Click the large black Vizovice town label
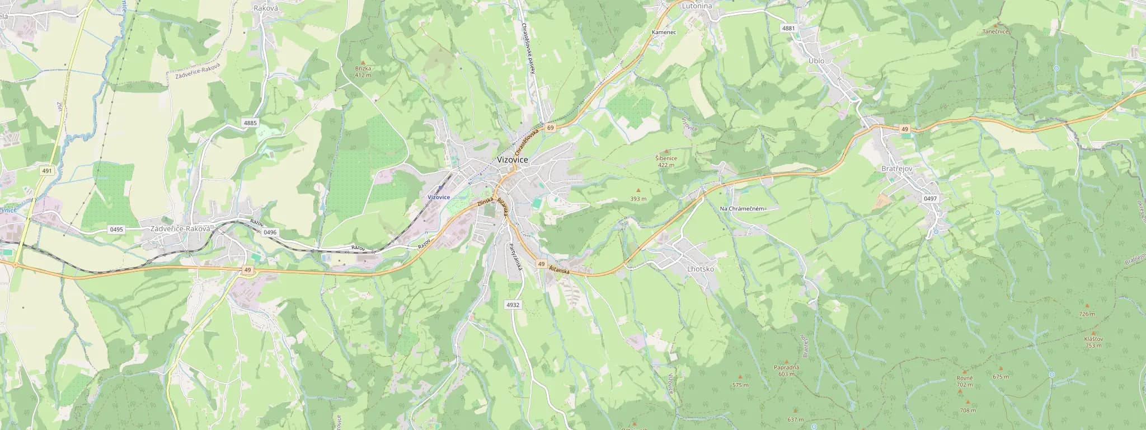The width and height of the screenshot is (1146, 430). (513, 160)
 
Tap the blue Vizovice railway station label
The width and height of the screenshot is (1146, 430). (439, 197)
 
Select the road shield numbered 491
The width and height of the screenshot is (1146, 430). (47, 171)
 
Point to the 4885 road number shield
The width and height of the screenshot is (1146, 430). (250, 123)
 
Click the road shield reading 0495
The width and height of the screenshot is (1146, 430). (116, 230)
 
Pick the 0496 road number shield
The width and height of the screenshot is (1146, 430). (270, 232)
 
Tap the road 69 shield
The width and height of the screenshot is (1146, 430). (551, 128)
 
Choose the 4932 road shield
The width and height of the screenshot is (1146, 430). (513, 305)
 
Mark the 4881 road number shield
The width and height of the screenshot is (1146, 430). (788, 28)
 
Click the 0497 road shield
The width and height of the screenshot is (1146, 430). (930, 199)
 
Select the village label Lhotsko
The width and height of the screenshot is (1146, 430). (700, 269)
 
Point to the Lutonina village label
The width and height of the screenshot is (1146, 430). (697, 6)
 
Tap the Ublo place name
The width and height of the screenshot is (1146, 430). (816, 60)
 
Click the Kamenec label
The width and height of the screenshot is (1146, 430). (664, 32)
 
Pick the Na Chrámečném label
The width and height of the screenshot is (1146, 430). (742, 209)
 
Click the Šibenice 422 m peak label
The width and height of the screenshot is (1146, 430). (666, 161)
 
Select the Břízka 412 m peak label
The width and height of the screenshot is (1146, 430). (363, 71)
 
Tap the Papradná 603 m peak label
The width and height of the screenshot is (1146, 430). (786, 370)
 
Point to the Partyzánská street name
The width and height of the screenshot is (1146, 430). (516, 258)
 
